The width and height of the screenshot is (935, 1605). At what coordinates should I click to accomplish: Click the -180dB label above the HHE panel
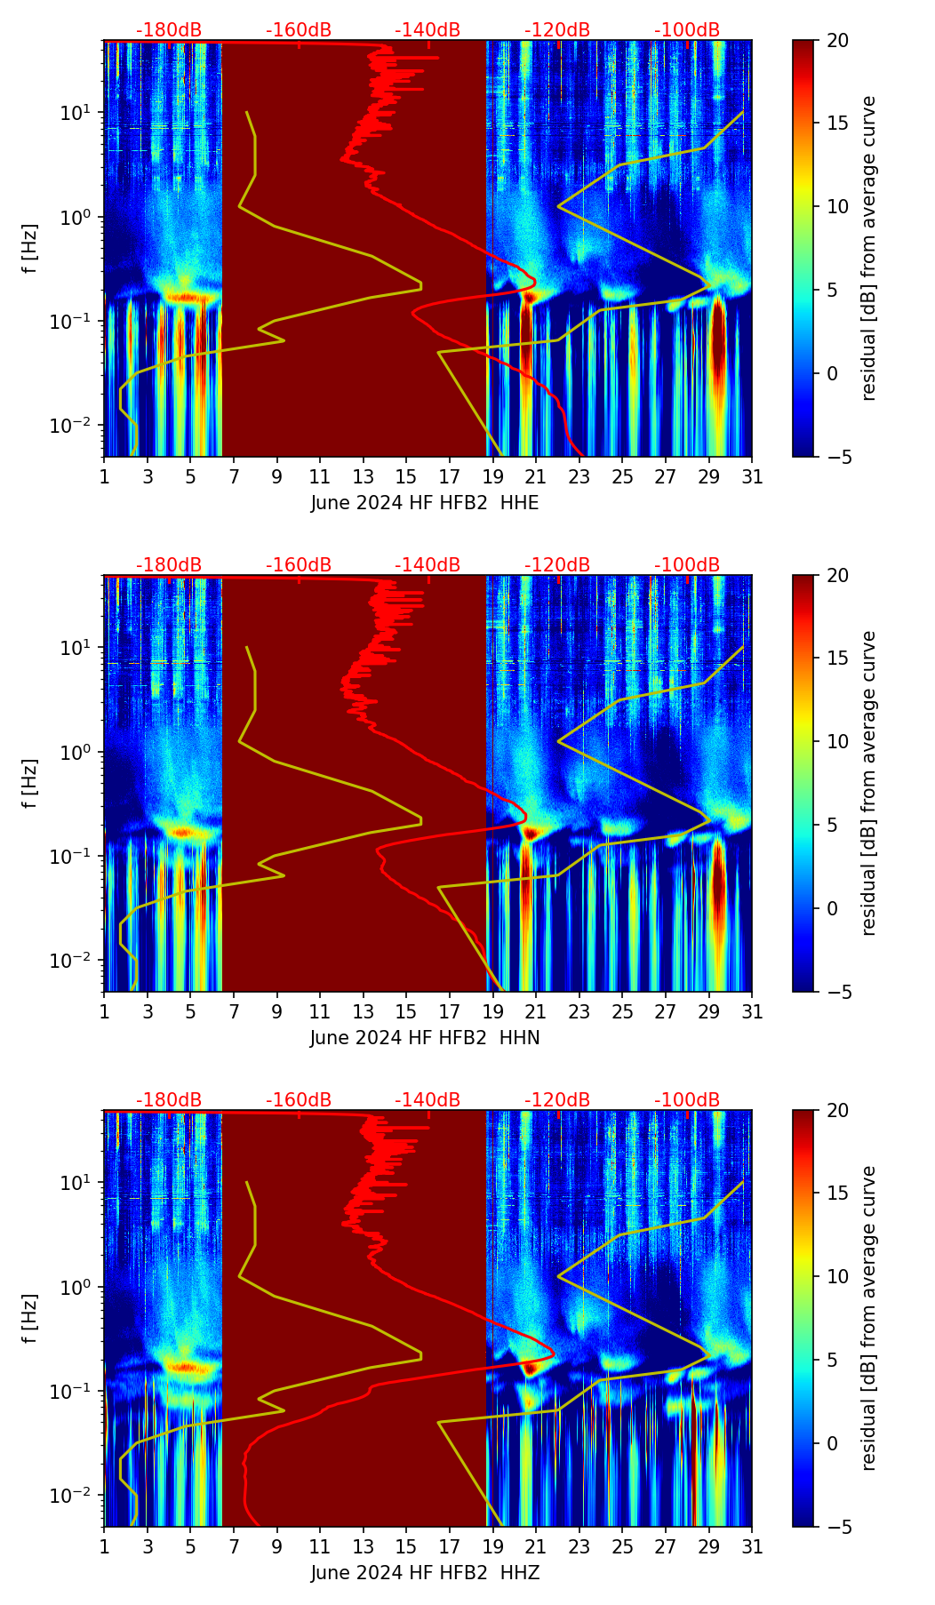point(169,30)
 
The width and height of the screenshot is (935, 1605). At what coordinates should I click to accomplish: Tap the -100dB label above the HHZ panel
point(687,1100)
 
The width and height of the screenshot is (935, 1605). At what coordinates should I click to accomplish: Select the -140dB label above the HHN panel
point(428,565)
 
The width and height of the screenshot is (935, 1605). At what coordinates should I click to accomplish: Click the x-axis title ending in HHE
point(425,503)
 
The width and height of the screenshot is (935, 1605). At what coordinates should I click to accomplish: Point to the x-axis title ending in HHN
point(425,1038)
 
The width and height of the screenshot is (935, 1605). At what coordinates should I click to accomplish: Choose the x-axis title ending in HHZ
point(425,1573)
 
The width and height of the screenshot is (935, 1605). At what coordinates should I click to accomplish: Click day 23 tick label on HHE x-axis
point(579,477)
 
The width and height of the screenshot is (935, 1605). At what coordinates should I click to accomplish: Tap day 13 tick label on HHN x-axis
point(364,1012)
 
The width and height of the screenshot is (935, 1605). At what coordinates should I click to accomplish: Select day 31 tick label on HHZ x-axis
point(752,1547)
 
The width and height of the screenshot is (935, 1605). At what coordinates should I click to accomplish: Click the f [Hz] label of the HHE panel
point(30,249)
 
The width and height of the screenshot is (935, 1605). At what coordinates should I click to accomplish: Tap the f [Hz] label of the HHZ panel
point(30,1319)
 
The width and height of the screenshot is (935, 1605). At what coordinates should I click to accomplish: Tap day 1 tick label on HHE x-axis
point(104,477)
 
